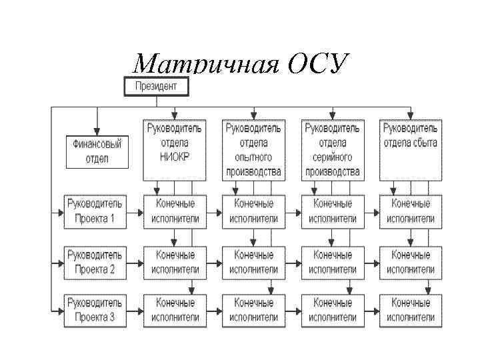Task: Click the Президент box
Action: [x=156, y=86]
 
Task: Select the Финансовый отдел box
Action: [x=97, y=151]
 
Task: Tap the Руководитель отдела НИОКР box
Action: [x=175, y=149]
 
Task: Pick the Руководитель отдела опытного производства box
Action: [x=253, y=149]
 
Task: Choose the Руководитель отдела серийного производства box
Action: [x=332, y=149]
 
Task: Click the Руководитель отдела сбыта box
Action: [x=410, y=149]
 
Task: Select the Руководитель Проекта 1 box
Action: [x=94, y=211]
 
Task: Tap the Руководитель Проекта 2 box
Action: [x=94, y=261]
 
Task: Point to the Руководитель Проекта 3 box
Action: [x=94, y=310]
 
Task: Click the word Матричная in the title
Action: [x=203, y=65]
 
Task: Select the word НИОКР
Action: [x=175, y=157]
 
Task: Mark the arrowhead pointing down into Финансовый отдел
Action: [x=97, y=131]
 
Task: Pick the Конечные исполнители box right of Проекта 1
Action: [x=175, y=211]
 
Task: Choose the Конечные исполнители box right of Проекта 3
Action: [x=175, y=310]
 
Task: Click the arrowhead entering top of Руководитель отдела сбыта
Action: [x=411, y=115]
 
